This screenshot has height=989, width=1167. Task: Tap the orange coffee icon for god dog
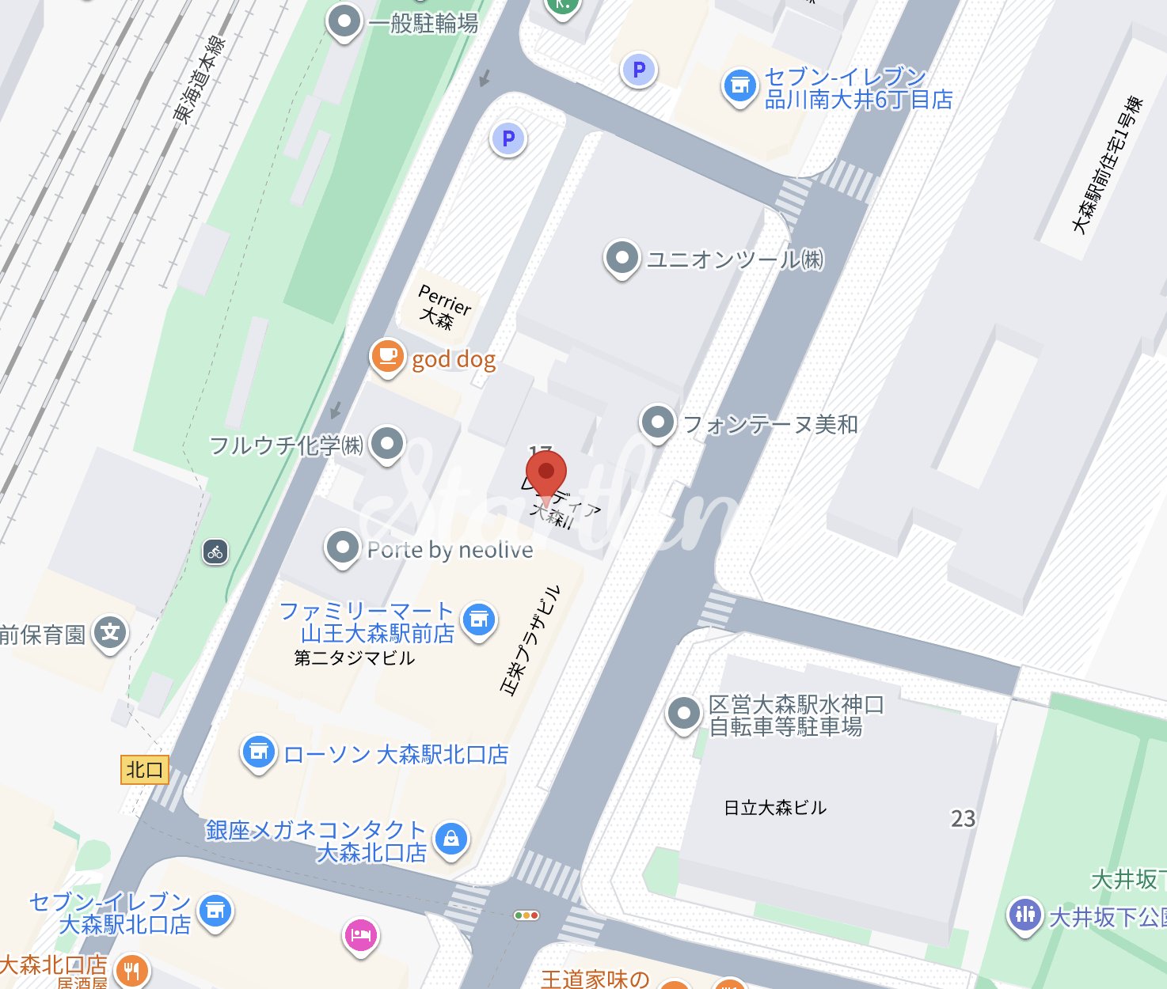387,356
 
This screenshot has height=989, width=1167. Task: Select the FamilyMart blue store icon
478,620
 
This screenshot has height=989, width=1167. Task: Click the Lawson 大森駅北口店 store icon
258,752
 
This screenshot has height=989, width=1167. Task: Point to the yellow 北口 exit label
145,770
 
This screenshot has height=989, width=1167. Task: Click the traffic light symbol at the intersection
526,915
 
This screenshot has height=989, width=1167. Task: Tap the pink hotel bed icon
361,935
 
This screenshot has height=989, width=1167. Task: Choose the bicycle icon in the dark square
215,552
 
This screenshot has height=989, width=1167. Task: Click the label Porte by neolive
450,550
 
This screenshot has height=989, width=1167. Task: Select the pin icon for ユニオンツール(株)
622,258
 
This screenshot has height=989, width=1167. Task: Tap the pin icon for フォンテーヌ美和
657,423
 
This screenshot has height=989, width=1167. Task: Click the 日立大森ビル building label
775,808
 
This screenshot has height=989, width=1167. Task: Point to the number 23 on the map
963,819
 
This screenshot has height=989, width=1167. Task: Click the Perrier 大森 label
444,308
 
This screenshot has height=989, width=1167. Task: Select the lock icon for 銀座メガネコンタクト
451,838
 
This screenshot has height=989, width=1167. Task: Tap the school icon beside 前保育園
110,633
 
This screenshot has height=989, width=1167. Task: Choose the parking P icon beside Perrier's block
508,139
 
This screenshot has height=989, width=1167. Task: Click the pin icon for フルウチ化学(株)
386,444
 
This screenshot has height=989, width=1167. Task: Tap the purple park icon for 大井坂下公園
1024,915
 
